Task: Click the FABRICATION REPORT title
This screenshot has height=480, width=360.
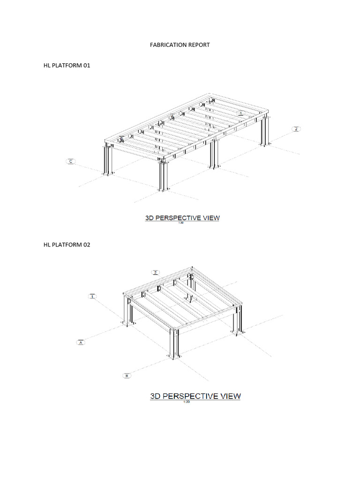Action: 180,45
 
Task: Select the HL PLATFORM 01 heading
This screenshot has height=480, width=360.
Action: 67,66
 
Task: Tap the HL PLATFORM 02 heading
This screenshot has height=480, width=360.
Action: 67,244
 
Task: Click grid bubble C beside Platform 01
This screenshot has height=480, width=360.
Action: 71,162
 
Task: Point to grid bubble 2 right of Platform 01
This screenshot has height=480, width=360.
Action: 296,129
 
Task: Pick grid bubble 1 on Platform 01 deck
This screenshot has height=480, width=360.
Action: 240,113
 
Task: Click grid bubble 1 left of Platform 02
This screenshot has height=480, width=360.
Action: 92,296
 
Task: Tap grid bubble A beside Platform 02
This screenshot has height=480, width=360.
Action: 81,343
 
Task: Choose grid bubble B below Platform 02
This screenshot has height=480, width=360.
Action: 127,375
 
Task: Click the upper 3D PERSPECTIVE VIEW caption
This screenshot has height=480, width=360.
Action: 181,218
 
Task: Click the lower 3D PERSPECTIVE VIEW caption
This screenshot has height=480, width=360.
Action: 195,396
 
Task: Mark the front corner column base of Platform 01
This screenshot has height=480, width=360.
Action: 162,189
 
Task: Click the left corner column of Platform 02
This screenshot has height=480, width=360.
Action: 126,309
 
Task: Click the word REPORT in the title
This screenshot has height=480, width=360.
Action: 198,45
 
